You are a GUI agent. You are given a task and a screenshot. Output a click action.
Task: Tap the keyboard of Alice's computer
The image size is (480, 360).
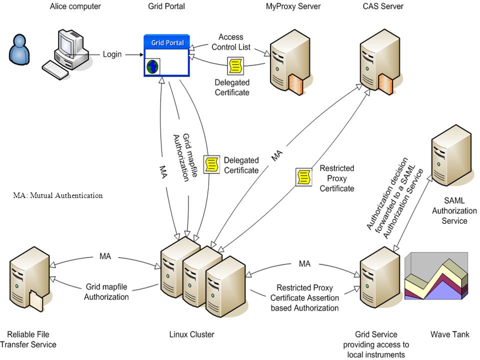[x=55, y=70]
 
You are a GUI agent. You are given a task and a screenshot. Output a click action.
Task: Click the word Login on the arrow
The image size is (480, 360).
[x=112, y=54]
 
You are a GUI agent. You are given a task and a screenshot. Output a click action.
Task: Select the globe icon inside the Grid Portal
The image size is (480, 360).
[x=152, y=66]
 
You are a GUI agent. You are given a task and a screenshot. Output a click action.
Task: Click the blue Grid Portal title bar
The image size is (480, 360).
[x=167, y=42]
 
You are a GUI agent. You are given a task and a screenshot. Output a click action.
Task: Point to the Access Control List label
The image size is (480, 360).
[x=231, y=42]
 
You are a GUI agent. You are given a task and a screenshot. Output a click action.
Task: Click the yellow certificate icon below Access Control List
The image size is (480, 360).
[x=235, y=65]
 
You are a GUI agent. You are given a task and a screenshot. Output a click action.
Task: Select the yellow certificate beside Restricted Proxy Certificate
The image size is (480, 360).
[x=303, y=176]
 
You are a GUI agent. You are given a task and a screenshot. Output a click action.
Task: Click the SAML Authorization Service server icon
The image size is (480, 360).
[x=451, y=155]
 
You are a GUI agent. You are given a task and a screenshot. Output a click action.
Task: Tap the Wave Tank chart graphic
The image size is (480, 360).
[x=436, y=275]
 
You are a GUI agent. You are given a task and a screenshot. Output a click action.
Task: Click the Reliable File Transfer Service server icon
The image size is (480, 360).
[x=30, y=278]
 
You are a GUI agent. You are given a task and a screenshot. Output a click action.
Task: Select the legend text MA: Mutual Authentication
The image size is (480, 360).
[x=58, y=195]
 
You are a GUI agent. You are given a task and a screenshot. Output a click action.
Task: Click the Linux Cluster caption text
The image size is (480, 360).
[x=191, y=334]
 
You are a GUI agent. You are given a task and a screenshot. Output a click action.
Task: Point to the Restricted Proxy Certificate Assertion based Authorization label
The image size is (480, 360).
[x=304, y=298]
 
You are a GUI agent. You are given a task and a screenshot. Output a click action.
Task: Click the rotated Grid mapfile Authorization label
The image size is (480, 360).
[x=186, y=157]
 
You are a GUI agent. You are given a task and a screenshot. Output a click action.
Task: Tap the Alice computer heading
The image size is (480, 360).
[x=75, y=6]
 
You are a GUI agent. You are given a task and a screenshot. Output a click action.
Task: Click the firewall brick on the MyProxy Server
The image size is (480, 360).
[x=295, y=84]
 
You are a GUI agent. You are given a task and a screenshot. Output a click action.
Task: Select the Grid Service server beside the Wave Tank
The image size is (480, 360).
[x=380, y=277]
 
